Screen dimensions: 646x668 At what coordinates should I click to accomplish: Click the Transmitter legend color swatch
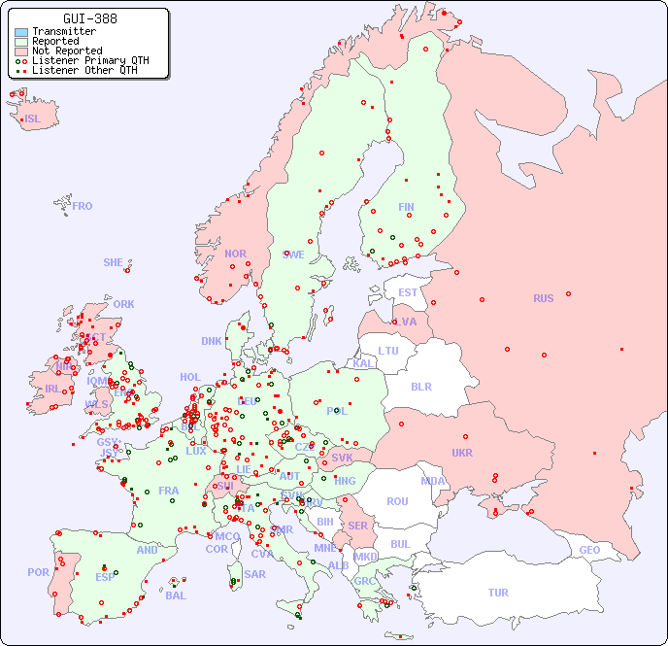[x=21, y=32]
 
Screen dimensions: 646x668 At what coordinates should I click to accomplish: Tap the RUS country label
[x=543, y=298]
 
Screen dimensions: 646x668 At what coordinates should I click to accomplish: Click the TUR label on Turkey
[x=498, y=593]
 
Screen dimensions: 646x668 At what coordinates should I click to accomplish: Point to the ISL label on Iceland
[x=33, y=119]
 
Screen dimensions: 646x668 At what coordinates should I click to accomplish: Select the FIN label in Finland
[x=406, y=207]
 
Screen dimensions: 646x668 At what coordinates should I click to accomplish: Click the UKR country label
[x=462, y=453]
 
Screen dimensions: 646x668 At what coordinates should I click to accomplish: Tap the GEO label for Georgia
[x=589, y=550]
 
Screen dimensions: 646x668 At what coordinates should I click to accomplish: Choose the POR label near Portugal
[x=38, y=572]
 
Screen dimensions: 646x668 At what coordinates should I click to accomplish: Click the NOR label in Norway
[x=235, y=254]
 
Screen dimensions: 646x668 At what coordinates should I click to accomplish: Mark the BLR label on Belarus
[x=421, y=386]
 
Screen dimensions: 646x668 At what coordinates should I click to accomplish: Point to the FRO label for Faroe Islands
[x=82, y=206]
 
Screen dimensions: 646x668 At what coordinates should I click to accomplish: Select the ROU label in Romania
[x=397, y=501]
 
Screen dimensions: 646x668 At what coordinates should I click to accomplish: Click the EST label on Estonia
[x=408, y=292]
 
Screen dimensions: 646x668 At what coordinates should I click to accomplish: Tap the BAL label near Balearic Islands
[x=175, y=595]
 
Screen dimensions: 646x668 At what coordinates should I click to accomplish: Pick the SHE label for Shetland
[x=114, y=262]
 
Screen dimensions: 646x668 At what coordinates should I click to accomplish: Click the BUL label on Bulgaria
[x=400, y=544]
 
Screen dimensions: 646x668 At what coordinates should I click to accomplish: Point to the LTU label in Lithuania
[x=388, y=351]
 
